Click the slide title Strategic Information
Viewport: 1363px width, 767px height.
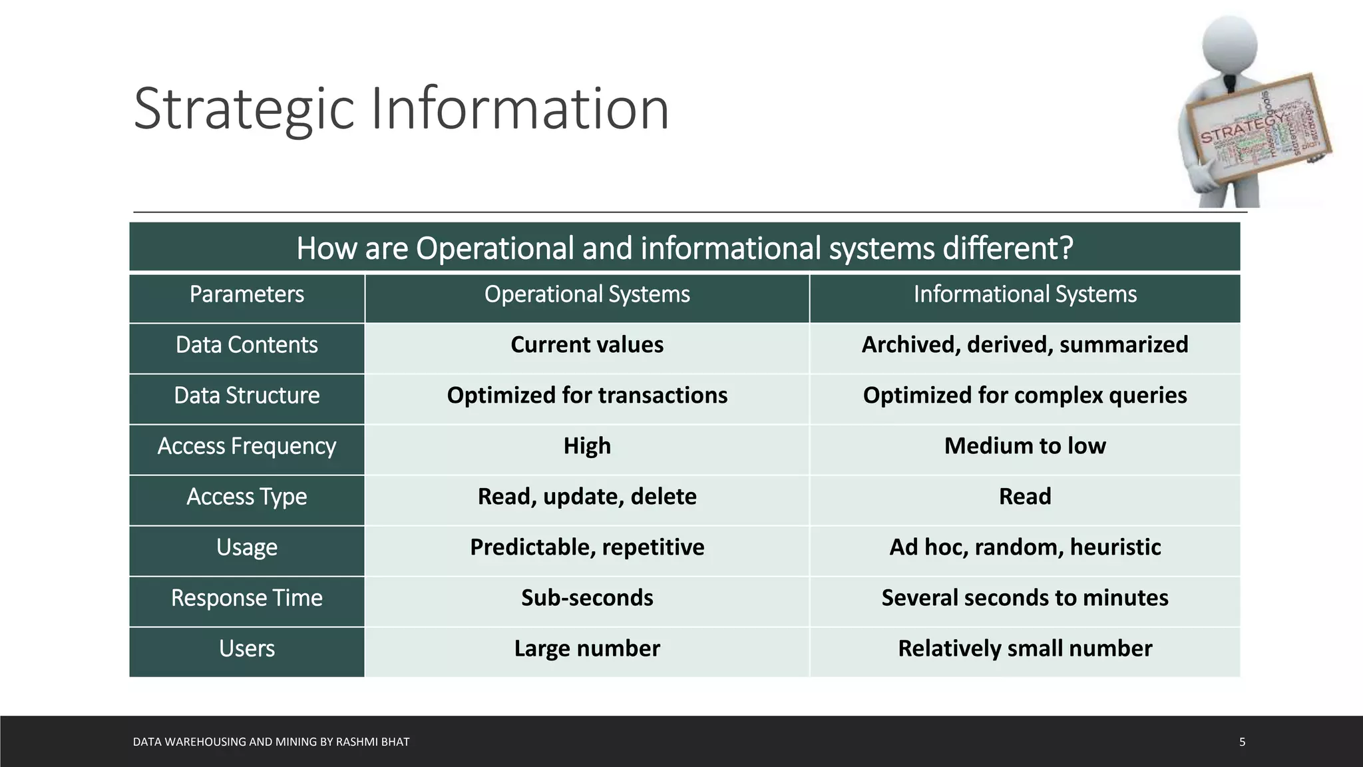(x=401, y=109)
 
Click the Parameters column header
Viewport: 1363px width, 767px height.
(x=247, y=294)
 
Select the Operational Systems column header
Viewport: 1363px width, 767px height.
(x=587, y=294)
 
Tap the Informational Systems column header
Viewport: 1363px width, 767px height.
(x=1025, y=294)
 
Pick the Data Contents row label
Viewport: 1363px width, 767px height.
(x=247, y=345)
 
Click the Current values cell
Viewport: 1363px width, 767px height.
(x=587, y=345)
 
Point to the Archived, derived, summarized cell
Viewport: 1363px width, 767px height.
(x=1025, y=345)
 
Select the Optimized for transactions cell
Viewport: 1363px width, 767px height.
(x=587, y=395)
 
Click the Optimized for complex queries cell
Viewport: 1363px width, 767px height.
(x=1025, y=395)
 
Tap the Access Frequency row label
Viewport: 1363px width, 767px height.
(x=247, y=446)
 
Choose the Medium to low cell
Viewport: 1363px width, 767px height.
(x=1025, y=446)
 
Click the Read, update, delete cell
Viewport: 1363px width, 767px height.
(x=587, y=497)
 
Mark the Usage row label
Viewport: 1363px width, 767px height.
(x=247, y=547)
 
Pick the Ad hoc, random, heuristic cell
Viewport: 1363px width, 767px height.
(x=1025, y=547)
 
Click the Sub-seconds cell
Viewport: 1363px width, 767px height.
(x=587, y=598)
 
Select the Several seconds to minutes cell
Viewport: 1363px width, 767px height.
(x=1025, y=598)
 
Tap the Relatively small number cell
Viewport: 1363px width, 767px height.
(x=1025, y=648)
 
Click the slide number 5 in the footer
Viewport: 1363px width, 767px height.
(x=1242, y=742)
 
